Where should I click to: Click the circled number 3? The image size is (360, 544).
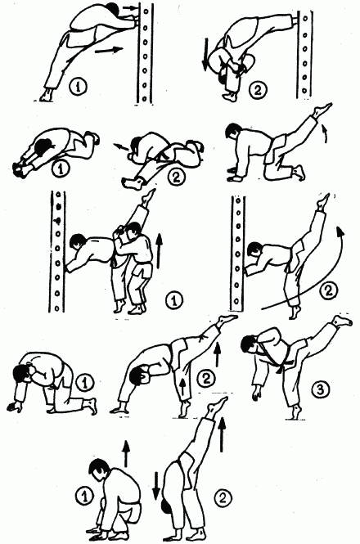320,389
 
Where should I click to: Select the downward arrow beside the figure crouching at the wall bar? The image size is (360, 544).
206,55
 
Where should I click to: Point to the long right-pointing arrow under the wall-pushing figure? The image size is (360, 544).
109,50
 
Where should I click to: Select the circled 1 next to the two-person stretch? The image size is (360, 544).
174,299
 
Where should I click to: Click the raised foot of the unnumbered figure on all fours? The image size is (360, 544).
322,110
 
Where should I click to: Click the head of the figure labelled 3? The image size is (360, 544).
250,343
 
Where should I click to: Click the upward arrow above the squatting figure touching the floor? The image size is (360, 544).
126,453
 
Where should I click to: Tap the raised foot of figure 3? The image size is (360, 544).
342,321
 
